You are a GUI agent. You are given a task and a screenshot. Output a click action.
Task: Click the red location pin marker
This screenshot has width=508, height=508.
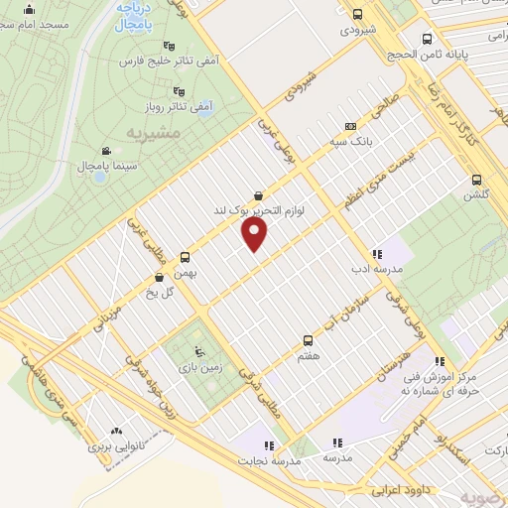[256, 234]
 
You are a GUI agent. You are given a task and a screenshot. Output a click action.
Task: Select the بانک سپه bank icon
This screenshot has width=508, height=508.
[349, 127]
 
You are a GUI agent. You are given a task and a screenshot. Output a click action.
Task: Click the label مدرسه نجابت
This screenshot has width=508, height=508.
[265, 461]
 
